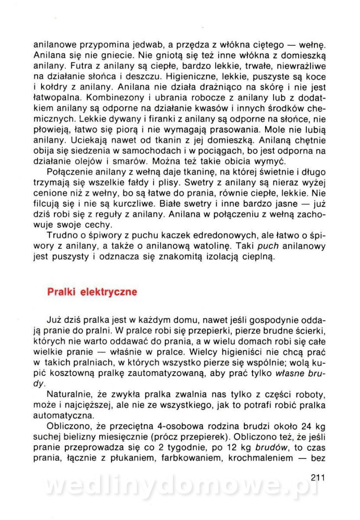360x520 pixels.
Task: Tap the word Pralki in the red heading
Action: (62, 292)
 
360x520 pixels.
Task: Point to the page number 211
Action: (318, 478)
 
